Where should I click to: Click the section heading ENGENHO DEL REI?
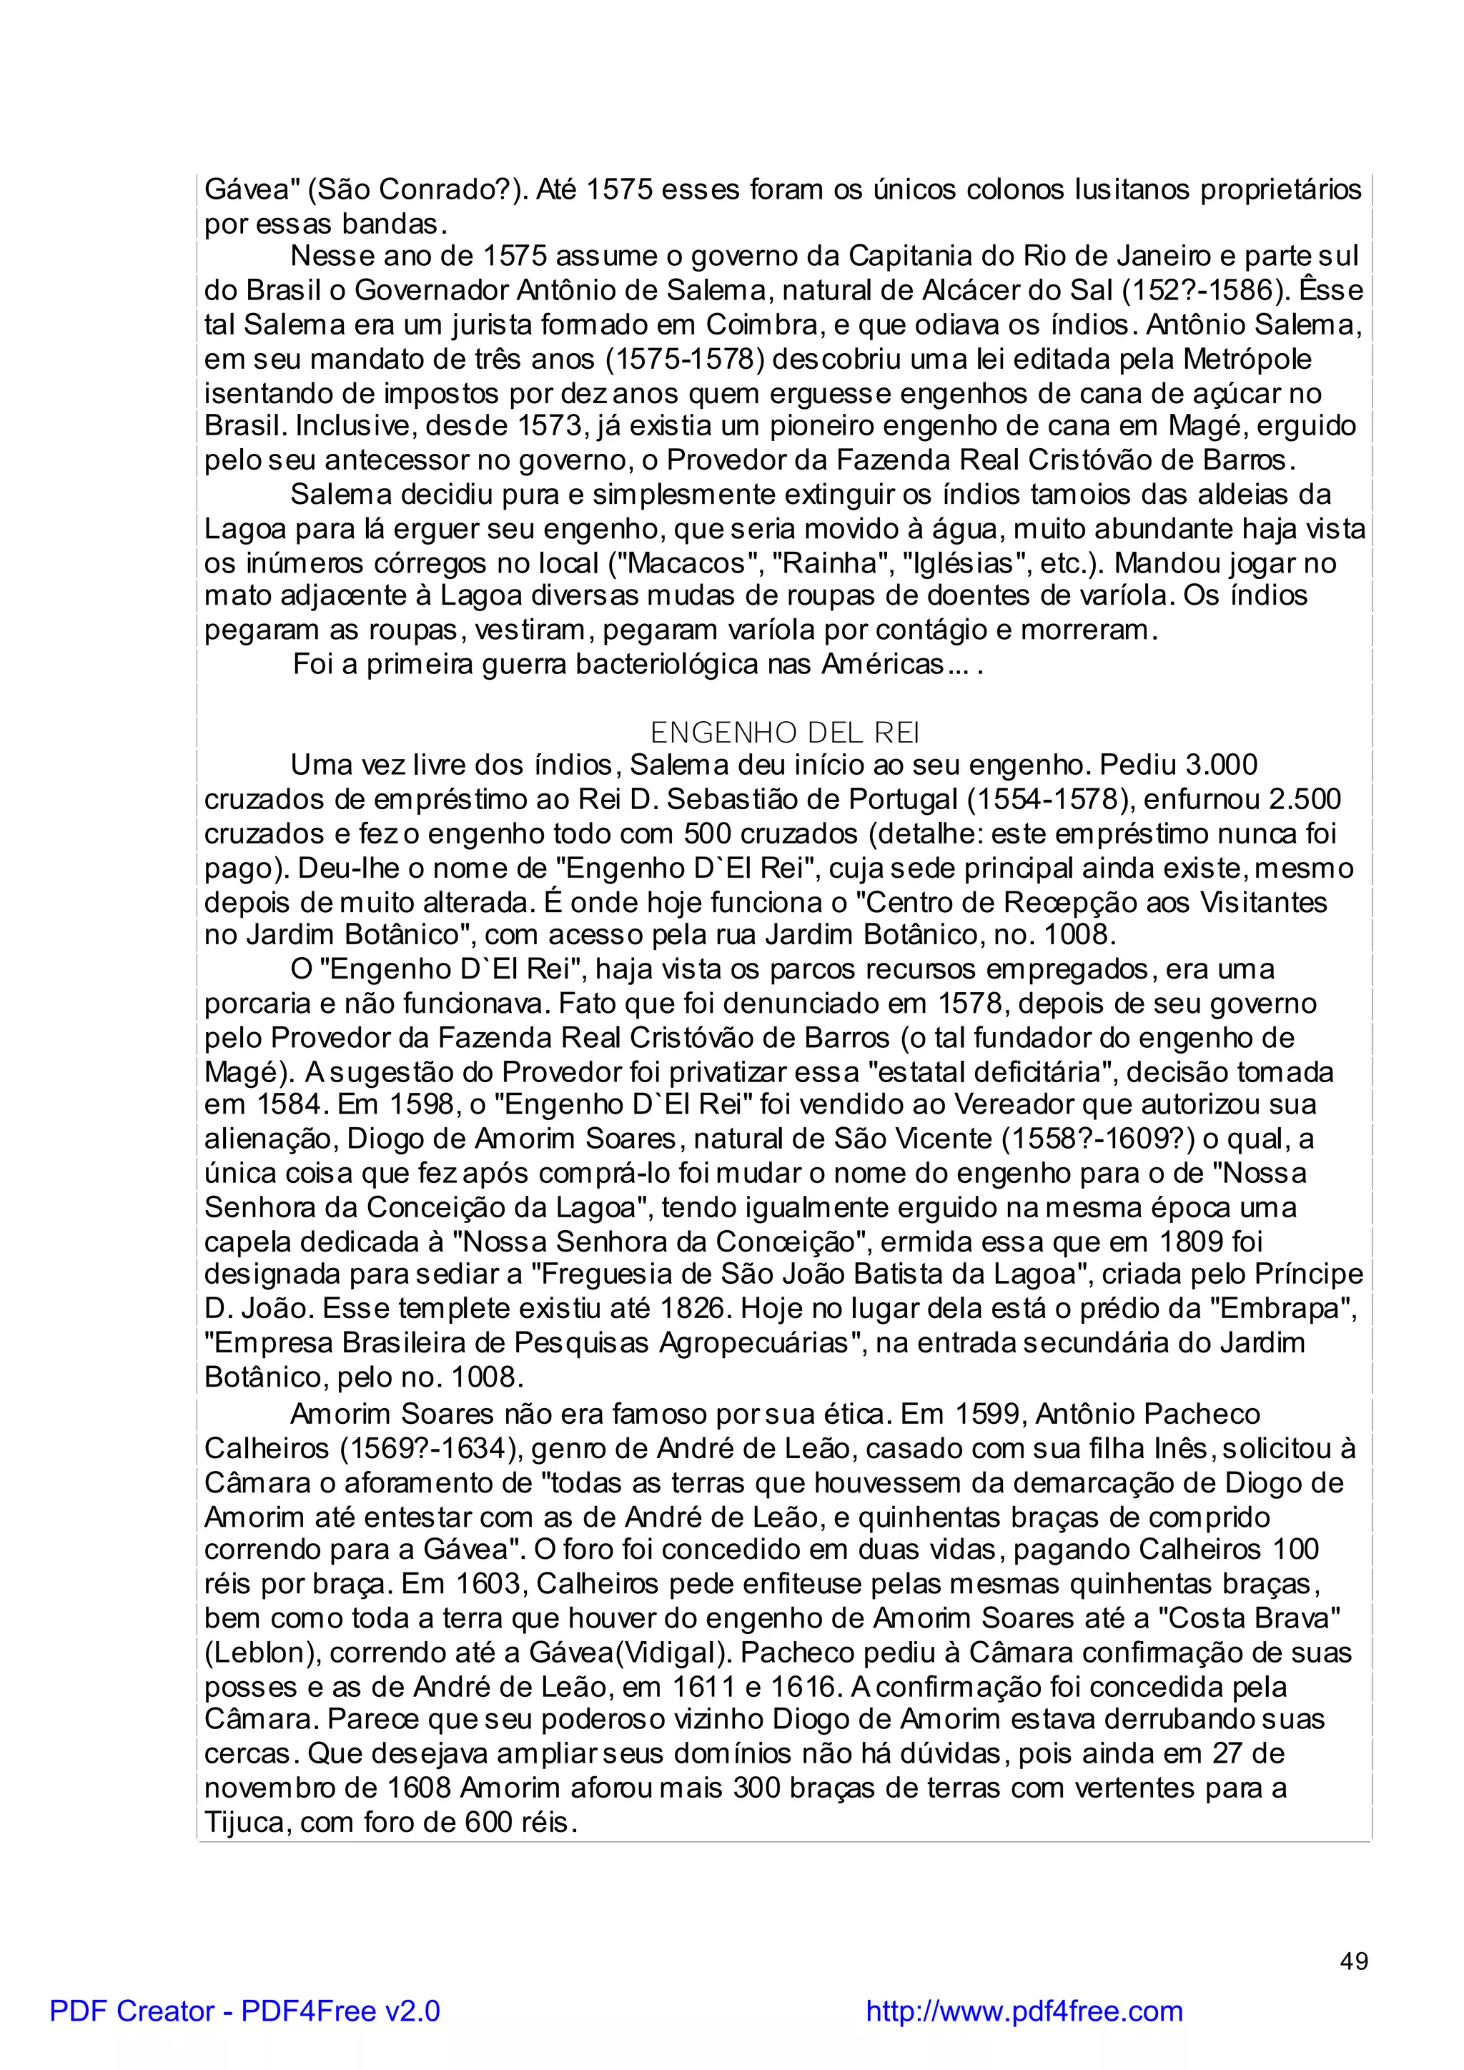(784, 731)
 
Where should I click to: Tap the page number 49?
(1354, 1961)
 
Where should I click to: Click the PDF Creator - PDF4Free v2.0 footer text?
(245, 2011)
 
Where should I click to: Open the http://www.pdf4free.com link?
(1024, 2011)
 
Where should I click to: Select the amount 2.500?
(1304, 799)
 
